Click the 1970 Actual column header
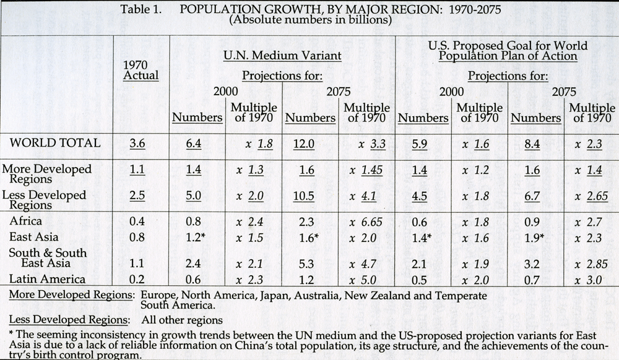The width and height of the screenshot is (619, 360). point(141,70)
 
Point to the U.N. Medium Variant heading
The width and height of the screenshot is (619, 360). point(282,56)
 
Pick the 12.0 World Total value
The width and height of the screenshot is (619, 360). point(303,144)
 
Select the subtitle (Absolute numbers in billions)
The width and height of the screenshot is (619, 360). point(310,19)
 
